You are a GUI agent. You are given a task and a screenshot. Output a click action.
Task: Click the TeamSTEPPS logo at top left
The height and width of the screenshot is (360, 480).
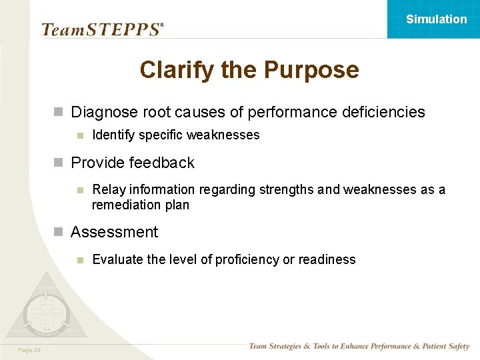click(x=102, y=29)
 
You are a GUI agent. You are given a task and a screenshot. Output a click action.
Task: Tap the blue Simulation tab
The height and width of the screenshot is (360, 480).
click(x=433, y=19)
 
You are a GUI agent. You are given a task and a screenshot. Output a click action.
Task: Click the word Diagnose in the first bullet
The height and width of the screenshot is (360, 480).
click(x=102, y=112)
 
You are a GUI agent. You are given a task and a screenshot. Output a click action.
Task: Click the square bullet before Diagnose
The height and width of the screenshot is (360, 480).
click(x=59, y=112)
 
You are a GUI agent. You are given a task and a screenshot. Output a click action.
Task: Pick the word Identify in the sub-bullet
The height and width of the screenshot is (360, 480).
click(x=112, y=135)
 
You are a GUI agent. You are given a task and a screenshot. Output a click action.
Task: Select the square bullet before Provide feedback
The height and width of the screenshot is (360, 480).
click(x=59, y=163)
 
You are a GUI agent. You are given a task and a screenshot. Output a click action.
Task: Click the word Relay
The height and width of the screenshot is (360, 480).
click(x=107, y=190)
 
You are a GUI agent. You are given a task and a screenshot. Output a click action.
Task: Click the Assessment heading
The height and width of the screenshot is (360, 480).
click(x=115, y=232)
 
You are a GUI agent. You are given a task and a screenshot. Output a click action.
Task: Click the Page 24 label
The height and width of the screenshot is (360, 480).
click(x=29, y=350)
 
